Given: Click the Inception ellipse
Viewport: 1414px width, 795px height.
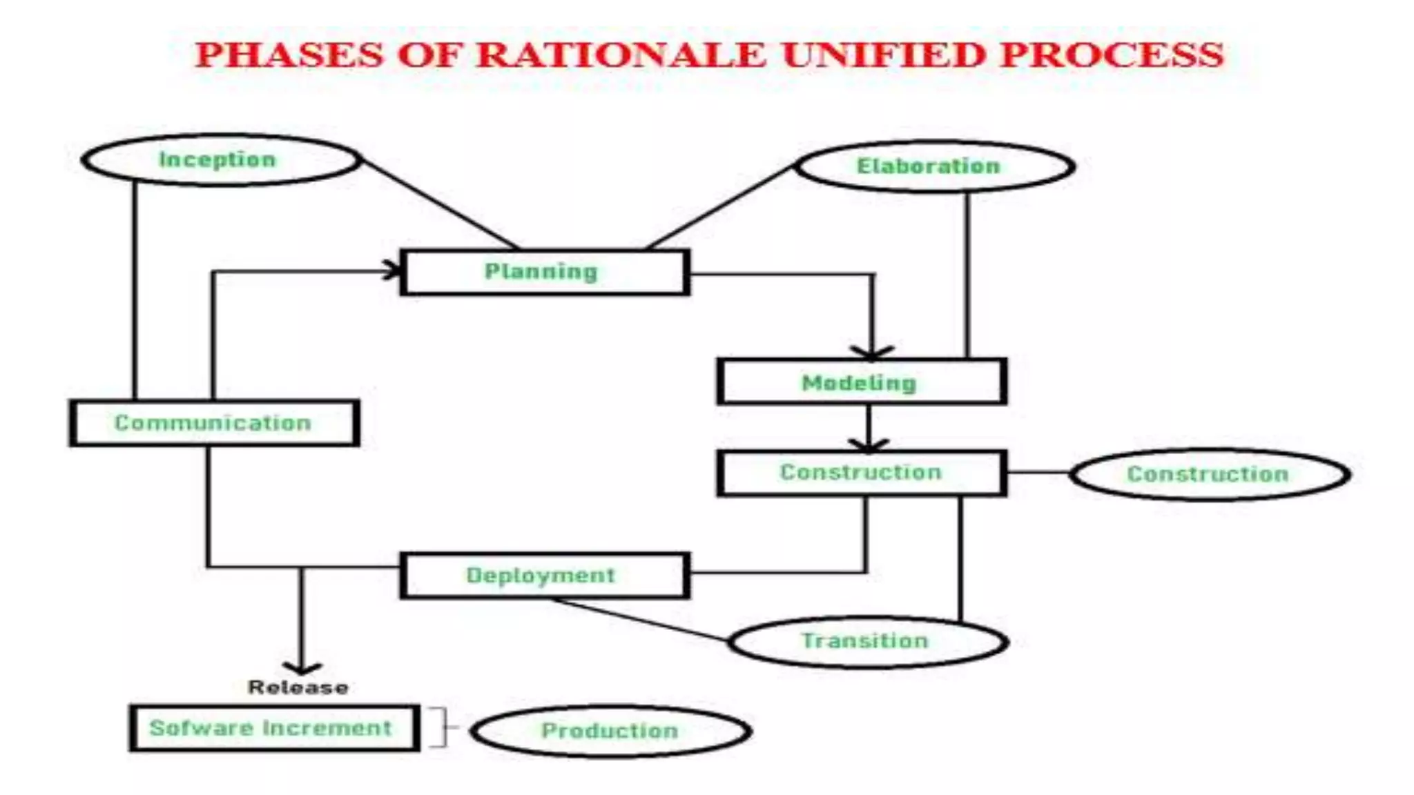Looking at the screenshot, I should pos(220,160).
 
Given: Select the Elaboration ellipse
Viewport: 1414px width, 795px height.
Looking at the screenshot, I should pos(935,166).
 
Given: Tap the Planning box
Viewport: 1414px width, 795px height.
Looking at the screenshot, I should pos(544,273).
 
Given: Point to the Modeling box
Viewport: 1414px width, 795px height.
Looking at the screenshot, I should pos(861,382).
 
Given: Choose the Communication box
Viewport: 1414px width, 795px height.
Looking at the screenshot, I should pos(214,423).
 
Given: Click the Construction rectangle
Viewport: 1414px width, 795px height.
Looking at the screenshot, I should pos(861,473).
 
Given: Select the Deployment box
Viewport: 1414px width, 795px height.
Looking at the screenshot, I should pos(544,576).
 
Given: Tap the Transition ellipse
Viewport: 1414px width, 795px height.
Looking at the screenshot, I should pos(868,642).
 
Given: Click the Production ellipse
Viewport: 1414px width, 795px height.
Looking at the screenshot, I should pos(610,731).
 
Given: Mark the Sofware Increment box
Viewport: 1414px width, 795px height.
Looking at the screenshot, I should pos(273,728).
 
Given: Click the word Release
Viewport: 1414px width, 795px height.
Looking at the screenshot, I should pos(298,687).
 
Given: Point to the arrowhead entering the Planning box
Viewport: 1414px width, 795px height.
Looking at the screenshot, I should pos(394,270).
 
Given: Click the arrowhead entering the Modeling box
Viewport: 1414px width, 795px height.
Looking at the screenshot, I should pos(872,353).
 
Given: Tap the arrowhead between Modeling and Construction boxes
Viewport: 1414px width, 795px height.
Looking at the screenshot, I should pos(869,444).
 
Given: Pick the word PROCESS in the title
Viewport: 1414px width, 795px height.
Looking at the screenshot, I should pos(1112,55).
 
